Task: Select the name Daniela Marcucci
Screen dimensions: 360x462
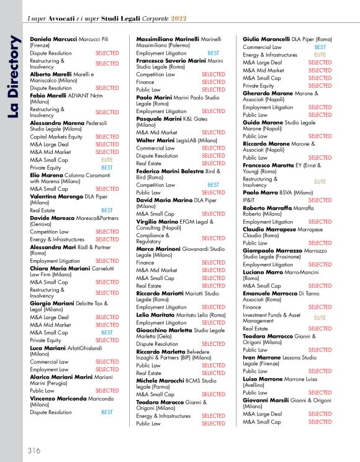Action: (x=53, y=38)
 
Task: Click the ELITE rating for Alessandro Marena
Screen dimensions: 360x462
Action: (x=107, y=160)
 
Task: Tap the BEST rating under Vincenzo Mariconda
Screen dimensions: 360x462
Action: (x=107, y=412)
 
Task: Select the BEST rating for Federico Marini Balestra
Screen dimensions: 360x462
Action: (x=213, y=185)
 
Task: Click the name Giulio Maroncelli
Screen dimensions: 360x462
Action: (x=266, y=38)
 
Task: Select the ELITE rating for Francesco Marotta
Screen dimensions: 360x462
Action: (x=320, y=182)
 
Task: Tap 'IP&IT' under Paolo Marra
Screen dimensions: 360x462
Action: (x=248, y=201)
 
